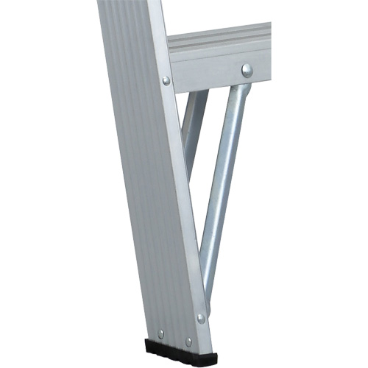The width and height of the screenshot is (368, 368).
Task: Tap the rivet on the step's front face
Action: coord(247,71)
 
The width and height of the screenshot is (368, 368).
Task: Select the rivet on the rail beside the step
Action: coord(166,80)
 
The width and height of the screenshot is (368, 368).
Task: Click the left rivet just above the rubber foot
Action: coord(161,333)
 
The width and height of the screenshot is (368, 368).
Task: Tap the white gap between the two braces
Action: coord(210,147)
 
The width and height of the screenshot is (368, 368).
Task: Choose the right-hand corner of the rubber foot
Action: coord(208,357)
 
